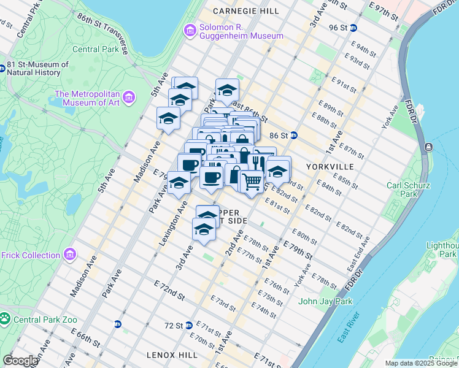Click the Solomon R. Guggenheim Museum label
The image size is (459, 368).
240,32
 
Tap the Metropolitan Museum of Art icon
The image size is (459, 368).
128,97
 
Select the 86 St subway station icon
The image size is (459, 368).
294,135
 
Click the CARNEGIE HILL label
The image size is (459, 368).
245,11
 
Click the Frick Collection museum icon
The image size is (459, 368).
69,255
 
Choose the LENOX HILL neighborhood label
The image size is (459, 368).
172,355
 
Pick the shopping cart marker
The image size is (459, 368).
252,182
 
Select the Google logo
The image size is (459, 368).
20,361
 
